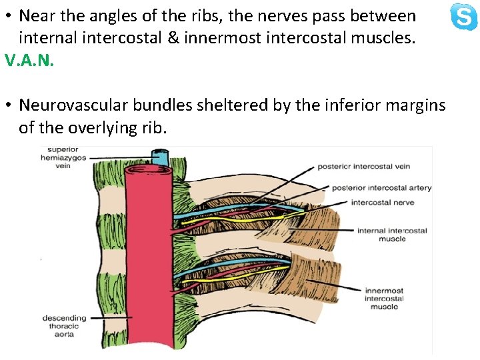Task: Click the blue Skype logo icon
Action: [x=464, y=17]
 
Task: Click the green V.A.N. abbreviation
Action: [x=29, y=61]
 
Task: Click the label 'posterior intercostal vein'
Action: [x=363, y=166]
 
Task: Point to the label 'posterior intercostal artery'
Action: [x=381, y=187]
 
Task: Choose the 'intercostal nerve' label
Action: [x=382, y=203]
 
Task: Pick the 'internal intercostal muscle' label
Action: [x=392, y=235]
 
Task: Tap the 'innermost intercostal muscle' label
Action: [x=384, y=299]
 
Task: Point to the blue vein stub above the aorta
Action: [x=160, y=157]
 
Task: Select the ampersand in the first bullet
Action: [x=173, y=39]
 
